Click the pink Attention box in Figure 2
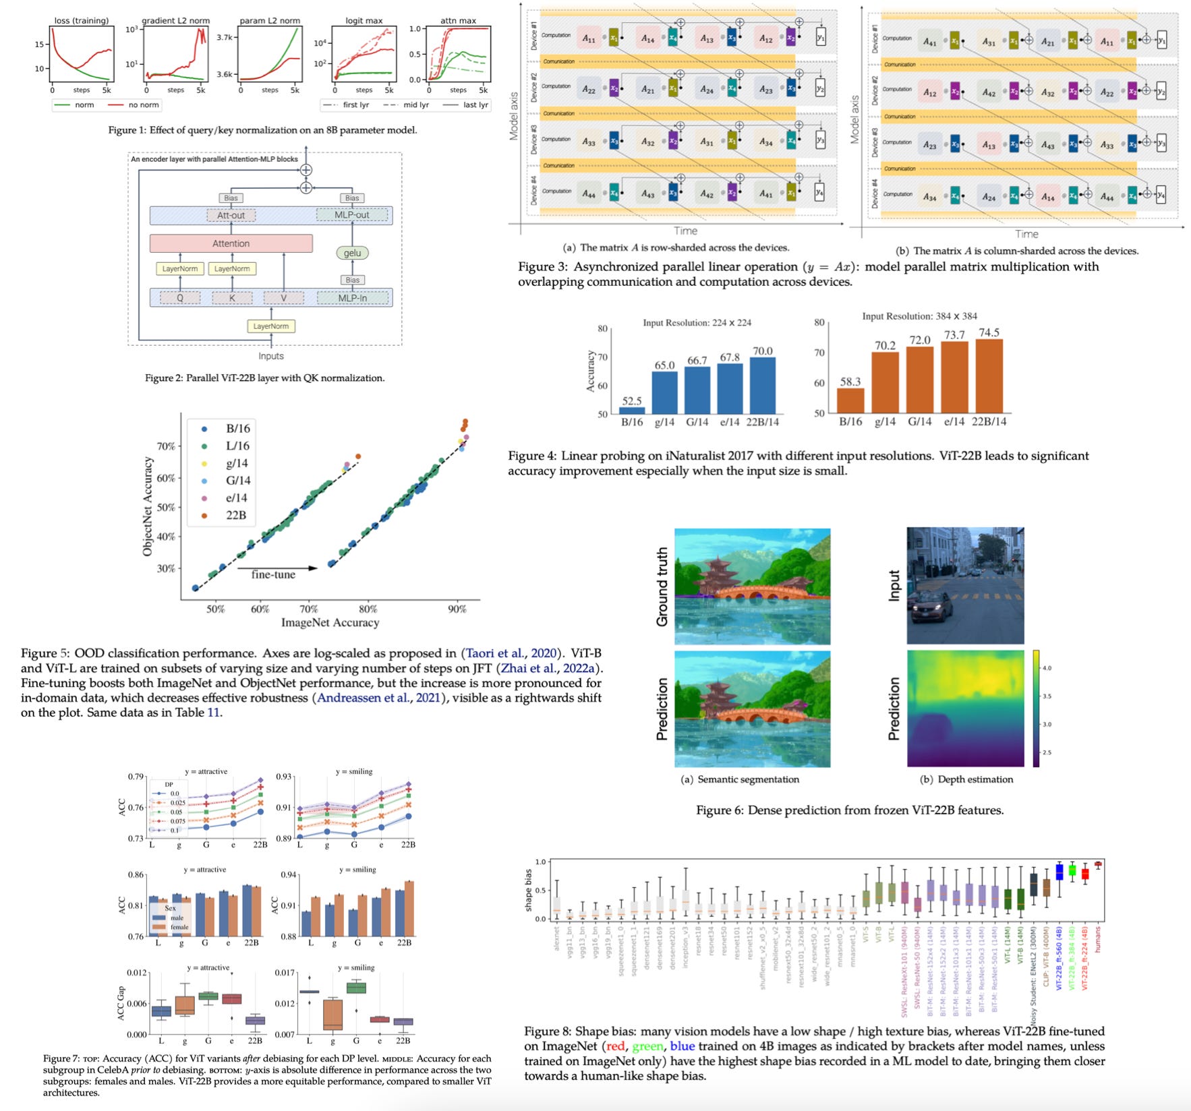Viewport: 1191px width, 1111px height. [231, 243]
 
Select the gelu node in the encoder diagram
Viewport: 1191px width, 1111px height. [352, 253]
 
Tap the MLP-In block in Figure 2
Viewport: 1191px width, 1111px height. [352, 297]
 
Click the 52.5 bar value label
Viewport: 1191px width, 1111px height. [631, 401]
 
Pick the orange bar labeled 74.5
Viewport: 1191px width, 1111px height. [989, 375]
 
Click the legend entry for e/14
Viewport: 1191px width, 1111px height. [236, 498]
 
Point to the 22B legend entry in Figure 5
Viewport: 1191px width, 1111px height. [235, 515]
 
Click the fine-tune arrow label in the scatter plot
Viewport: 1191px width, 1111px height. [273, 574]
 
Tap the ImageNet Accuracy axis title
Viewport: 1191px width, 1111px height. [330, 622]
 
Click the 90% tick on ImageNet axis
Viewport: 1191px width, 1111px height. [457, 609]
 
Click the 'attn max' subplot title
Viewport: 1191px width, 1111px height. [458, 20]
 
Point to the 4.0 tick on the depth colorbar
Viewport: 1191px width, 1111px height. [1047, 668]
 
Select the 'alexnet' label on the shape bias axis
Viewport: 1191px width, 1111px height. [557, 938]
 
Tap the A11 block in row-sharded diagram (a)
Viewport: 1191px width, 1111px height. [589, 38]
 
